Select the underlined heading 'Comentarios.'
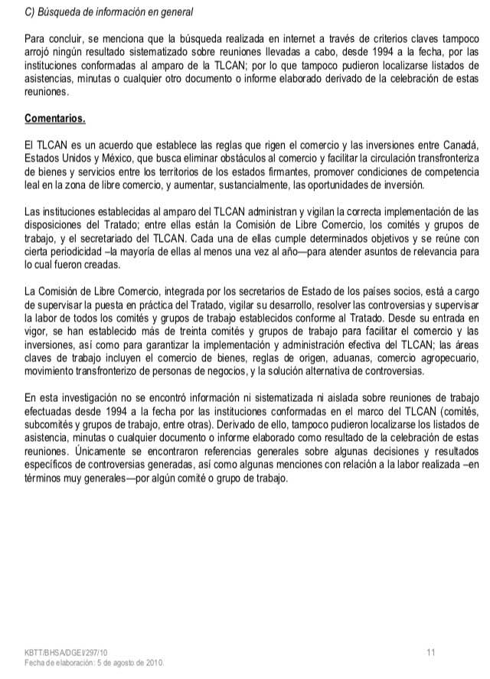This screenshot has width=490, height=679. (55, 120)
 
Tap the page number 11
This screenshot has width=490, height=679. (431, 652)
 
